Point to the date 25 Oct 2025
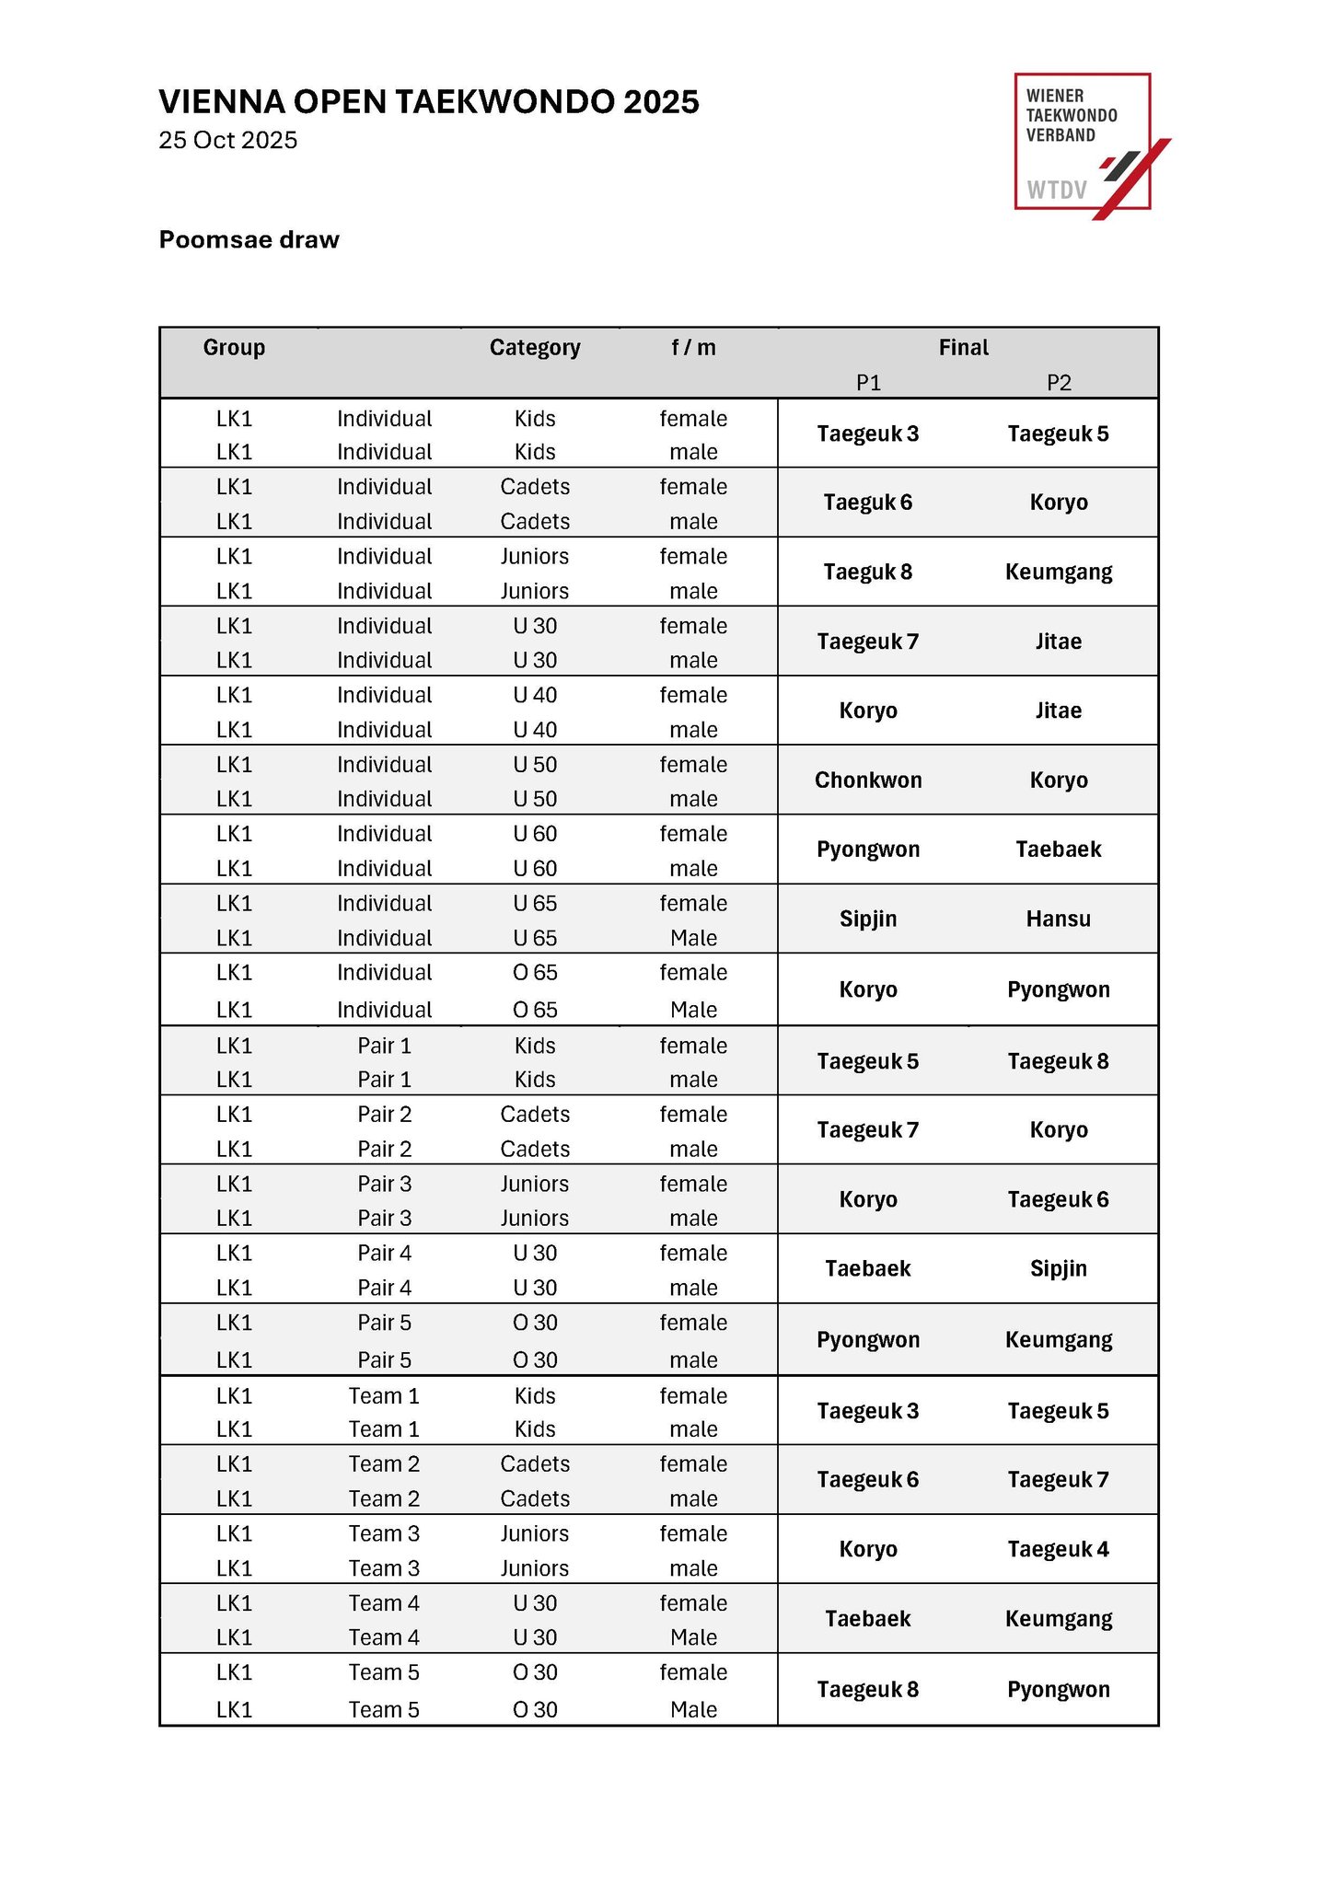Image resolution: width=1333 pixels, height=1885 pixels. [227, 140]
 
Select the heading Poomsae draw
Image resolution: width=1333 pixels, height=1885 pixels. [249, 240]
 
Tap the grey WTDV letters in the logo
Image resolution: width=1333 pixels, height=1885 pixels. [1057, 191]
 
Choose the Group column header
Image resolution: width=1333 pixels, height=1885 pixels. [234, 348]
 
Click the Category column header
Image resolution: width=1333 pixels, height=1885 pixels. [535, 348]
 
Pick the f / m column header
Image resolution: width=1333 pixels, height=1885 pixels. [693, 348]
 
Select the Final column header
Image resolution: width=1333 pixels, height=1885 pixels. [963, 348]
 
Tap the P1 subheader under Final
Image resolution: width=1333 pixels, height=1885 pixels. [868, 383]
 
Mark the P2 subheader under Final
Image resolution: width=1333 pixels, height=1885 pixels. [1059, 383]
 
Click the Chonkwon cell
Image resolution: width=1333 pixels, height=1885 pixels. [868, 781]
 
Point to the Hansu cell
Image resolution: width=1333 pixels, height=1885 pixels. [1059, 919]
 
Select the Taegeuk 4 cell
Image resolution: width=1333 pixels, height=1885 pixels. [1059, 1549]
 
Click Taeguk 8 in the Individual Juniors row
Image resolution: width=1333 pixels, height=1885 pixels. [868, 572]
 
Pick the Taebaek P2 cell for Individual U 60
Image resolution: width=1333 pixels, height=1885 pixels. [1059, 850]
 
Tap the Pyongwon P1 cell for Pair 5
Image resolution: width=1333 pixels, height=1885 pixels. [868, 1340]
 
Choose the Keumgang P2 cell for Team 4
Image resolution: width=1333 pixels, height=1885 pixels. [1059, 1619]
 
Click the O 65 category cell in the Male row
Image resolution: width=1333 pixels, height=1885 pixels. [535, 1010]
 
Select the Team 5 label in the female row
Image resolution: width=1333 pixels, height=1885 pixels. [384, 1672]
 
